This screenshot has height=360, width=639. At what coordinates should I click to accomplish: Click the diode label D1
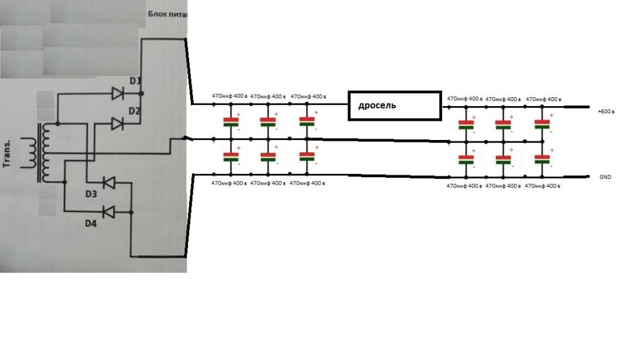point(134,81)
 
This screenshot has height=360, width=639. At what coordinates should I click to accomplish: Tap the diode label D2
point(134,110)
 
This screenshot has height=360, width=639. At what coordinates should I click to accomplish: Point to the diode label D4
point(91,223)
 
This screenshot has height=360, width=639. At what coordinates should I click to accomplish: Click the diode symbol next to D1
point(118,94)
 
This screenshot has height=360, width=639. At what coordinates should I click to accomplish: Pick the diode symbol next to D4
point(109,210)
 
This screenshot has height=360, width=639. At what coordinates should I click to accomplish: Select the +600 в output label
point(606,111)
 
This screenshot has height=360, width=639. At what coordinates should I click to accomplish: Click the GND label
point(605,176)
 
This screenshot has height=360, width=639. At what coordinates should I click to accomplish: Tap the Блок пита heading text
point(167,14)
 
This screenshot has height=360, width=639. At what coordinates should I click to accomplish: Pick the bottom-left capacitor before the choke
point(230,157)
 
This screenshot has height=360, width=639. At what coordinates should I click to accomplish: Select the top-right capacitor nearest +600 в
point(543,124)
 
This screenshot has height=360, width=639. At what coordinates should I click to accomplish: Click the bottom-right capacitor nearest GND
point(543,159)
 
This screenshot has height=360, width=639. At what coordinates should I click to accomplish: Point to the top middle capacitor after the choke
point(504,124)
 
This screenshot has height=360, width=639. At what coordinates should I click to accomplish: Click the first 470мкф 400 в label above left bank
point(229,97)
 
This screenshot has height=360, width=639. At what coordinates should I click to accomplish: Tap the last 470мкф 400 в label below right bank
point(543,186)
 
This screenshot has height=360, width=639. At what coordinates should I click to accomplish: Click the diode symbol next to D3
point(109,184)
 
